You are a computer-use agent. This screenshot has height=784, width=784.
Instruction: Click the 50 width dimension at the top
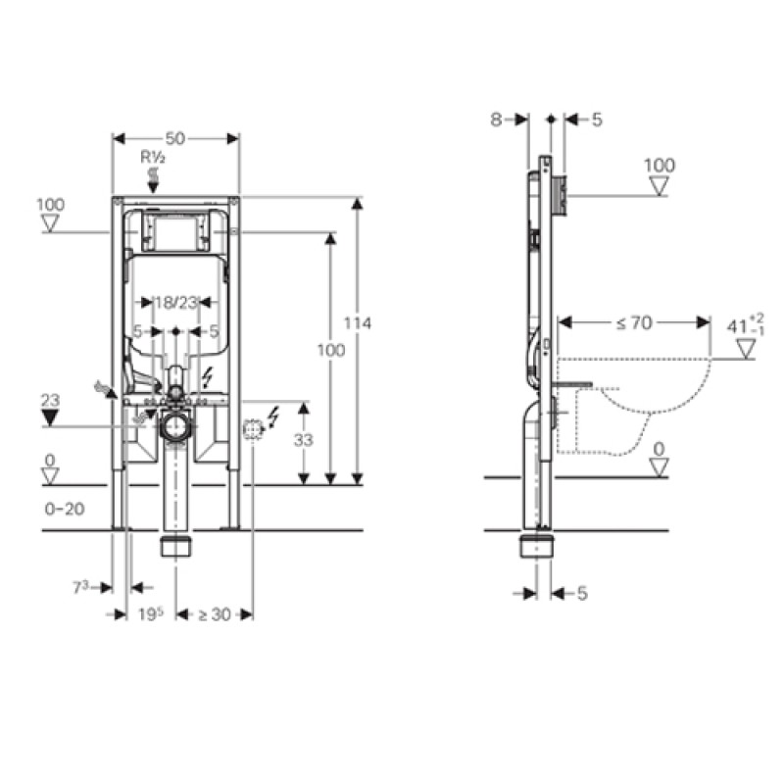click(175, 138)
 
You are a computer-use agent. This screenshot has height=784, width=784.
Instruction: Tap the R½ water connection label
click(153, 158)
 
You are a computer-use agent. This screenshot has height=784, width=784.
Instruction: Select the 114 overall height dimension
click(358, 323)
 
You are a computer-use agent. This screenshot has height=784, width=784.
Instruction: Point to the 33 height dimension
click(304, 440)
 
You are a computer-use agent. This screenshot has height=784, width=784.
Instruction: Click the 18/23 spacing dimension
click(176, 303)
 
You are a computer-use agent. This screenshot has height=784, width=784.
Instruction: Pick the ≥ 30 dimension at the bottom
click(215, 614)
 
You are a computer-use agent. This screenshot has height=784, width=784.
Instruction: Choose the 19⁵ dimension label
click(151, 614)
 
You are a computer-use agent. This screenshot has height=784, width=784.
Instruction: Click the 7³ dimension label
click(81, 587)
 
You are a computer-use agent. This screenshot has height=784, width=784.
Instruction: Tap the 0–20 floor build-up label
click(65, 509)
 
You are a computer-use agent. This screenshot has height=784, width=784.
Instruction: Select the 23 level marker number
click(50, 400)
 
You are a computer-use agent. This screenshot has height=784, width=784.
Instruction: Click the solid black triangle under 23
click(50, 418)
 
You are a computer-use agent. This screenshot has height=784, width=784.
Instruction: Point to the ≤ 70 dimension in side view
click(634, 323)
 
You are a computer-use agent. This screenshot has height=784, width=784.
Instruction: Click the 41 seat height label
click(746, 325)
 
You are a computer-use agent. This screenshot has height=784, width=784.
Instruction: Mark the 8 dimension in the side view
click(496, 120)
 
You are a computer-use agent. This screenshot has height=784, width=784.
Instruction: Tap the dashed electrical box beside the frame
click(253, 430)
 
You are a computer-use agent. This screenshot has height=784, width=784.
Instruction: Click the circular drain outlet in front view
click(175, 426)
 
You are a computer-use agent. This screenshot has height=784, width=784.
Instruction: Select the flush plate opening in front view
click(175, 232)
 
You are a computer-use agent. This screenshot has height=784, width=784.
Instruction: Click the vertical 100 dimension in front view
click(331, 350)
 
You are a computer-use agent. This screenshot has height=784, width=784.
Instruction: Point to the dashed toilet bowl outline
click(634, 406)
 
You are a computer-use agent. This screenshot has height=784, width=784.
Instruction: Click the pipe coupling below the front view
click(175, 547)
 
